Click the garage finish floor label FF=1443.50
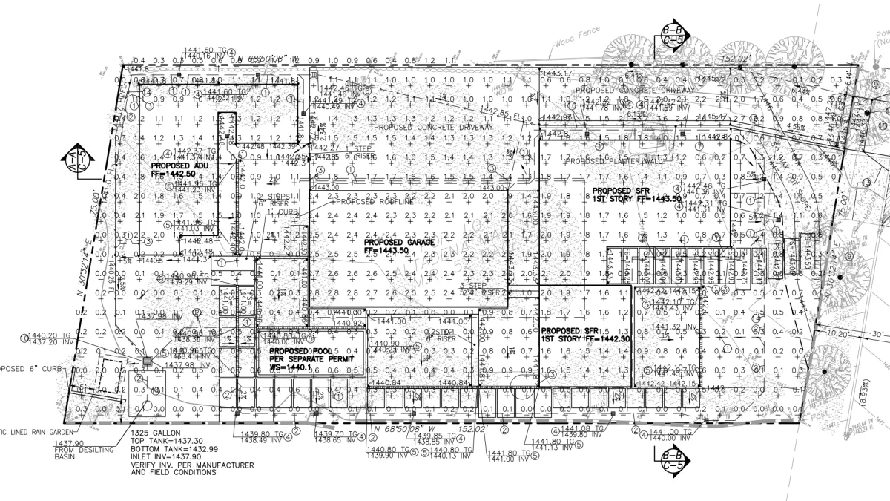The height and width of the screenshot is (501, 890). tap(386, 251)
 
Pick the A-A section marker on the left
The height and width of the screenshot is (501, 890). tap(85, 161)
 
